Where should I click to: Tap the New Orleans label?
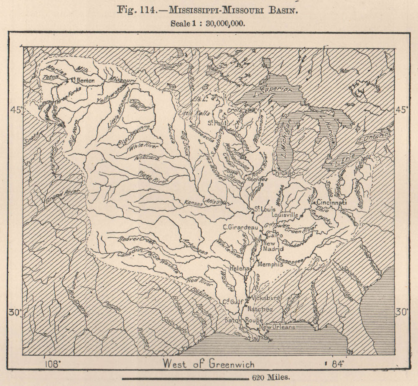point(277,327)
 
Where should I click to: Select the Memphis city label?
point(271,264)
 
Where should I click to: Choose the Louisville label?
point(285,214)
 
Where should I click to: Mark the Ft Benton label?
point(83,80)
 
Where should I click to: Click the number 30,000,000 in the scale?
point(225,23)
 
